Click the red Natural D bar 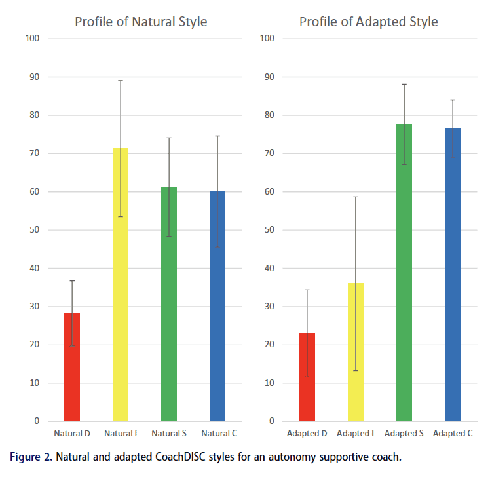(x=72, y=367)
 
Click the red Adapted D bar (x=307, y=377)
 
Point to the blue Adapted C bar (x=453, y=275)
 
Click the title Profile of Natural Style (x=141, y=22)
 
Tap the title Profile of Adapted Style (x=369, y=22)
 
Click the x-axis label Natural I (x=120, y=434)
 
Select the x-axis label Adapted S (x=404, y=434)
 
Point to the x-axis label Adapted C (x=453, y=434)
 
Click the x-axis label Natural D (x=72, y=434)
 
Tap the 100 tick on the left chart (x=33, y=39)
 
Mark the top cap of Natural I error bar (x=121, y=81)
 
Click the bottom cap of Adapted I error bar (x=356, y=370)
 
